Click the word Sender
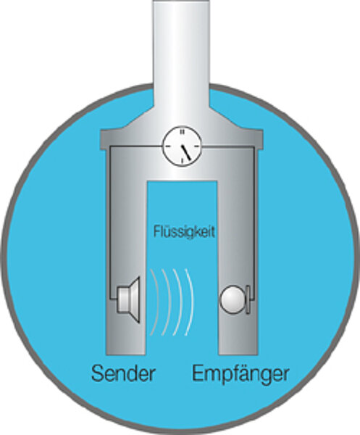(x=123, y=373)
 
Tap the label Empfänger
(x=240, y=375)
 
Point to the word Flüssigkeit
(x=184, y=231)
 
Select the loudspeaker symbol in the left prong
(x=129, y=300)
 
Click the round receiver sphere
(x=233, y=299)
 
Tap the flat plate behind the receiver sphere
(x=248, y=299)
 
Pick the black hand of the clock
(x=186, y=152)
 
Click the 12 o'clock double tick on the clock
(x=182, y=132)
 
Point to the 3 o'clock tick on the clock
(x=196, y=146)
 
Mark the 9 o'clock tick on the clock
(x=168, y=146)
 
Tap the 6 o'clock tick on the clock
(x=182, y=161)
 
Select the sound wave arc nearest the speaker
(x=156, y=302)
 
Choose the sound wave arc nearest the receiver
(x=190, y=302)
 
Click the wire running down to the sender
(x=110, y=222)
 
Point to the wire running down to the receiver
(x=254, y=222)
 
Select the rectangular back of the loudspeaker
(x=122, y=300)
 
